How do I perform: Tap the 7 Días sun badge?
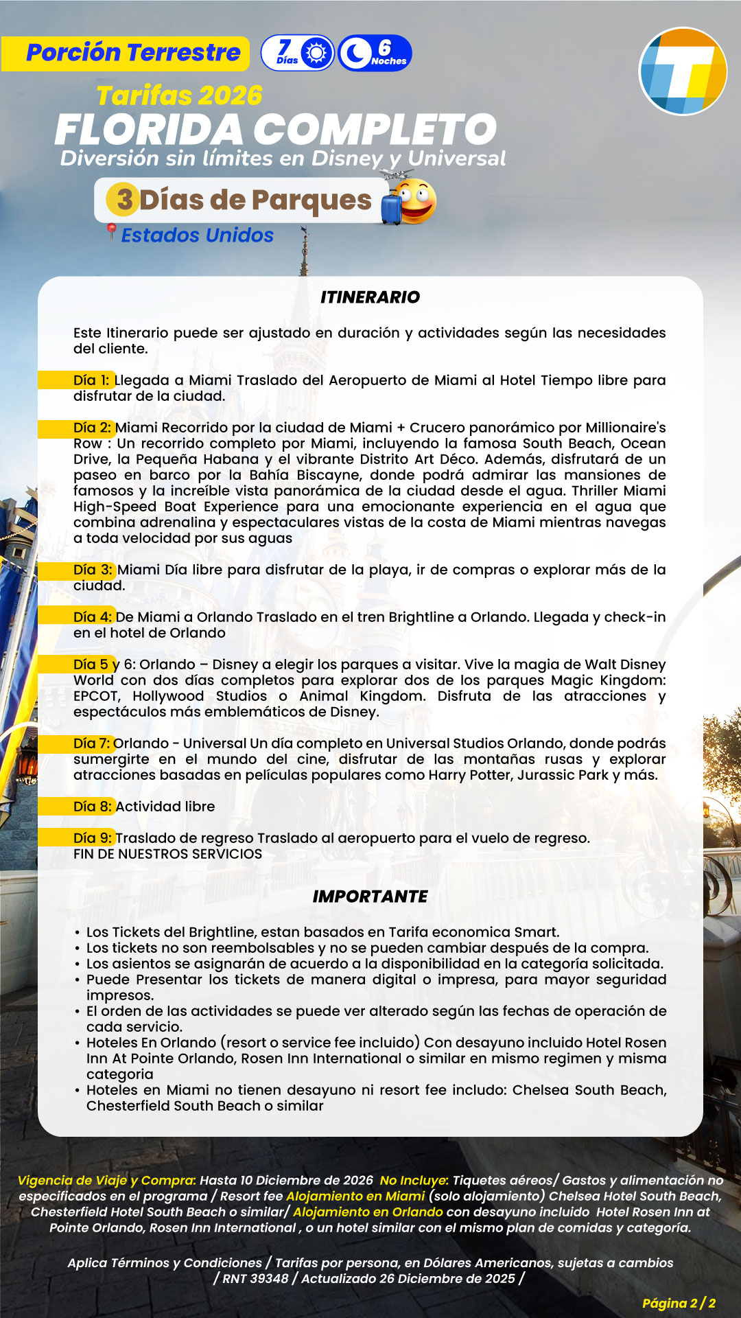pyautogui.click(x=298, y=53)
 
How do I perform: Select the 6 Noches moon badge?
pyautogui.click(x=375, y=53)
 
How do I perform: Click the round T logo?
pyautogui.click(x=683, y=71)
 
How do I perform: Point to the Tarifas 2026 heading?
pyautogui.click(x=179, y=95)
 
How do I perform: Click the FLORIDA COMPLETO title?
pyautogui.click(x=275, y=129)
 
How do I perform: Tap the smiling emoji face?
pyautogui.click(x=416, y=201)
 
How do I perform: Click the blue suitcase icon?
pyautogui.click(x=390, y=208)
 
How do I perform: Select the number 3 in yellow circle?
pyautogui.click(x=123, y=200)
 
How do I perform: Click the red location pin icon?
pyautogui.click(x=110, y=232)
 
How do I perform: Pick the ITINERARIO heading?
pyautogui.click(x=370, y=297)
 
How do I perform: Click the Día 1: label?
pyautogui.click(x=91, y=380)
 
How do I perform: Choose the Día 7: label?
pyautogui.click(x=92, y=743)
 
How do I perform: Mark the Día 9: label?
pyautogui.click(x=92, y=838)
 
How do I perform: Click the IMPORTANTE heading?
pyautogui.click(x=370, y=897)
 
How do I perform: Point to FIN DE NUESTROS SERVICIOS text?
pyautogui.click(x=167, y=854)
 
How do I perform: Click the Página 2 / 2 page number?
pyautogui.click(x=679, y=1303)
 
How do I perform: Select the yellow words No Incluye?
pyautogui.click(x=414, y=1180)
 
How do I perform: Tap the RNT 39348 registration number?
pyautogui.click(x=255, y=1278)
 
